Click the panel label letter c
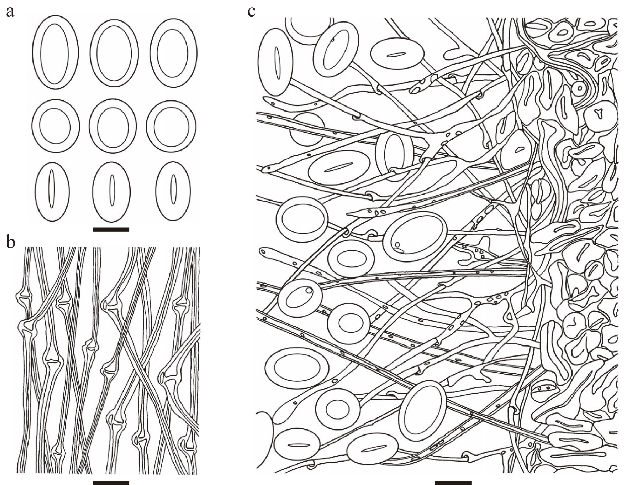click(x=251, y=12)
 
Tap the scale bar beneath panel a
click(x=111, y=229)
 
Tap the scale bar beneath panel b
click(x=111, y=483)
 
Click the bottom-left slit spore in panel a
click(x=52, y=191)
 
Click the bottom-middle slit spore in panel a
click(x=112, y=191)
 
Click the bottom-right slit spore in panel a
click(x=173, y=191)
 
